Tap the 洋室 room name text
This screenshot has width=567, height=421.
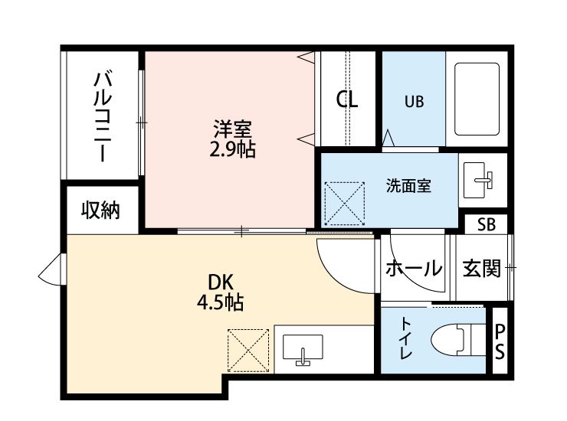(x=232, y=129)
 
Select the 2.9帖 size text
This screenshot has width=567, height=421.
(x=232, y=148)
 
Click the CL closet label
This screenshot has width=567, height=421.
(x=348, y=100)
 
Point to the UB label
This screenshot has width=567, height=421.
(x=415, y=100)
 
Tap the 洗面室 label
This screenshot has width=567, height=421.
(x=408, y=185)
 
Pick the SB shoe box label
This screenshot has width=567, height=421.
(x=486, y=224)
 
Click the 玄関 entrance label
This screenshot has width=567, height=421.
(x=482, y=269)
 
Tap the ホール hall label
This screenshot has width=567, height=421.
(x=413, y=269)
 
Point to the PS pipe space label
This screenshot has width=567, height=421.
(x=500, y=341)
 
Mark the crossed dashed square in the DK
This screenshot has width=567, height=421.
(x=249, y=350)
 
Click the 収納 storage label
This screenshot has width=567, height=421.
(x=101, y=210)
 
